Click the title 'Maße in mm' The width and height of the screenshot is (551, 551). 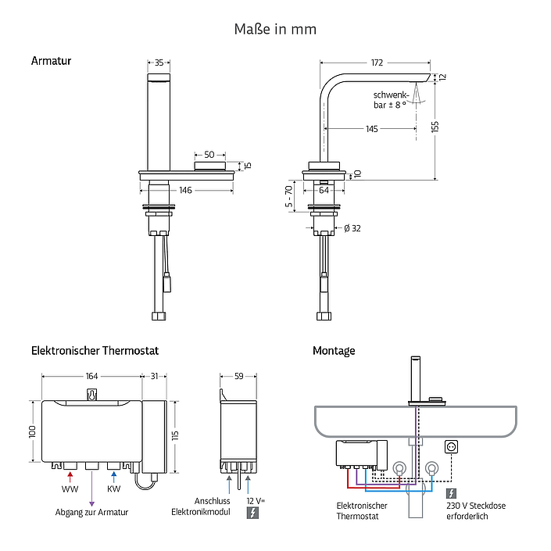[275, 29]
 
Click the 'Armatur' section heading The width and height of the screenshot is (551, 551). [51, 61]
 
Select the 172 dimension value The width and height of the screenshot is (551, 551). [377, 63]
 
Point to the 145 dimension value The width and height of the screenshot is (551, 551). [372, 129]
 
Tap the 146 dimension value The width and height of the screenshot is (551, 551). [185, 191]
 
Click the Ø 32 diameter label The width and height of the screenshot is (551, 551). [352, 228]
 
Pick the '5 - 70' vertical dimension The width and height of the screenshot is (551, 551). [288, 196]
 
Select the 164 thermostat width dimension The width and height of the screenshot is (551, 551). [91, 377]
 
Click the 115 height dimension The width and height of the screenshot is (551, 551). [175, 435]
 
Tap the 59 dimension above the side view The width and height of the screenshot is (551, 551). [239, 377]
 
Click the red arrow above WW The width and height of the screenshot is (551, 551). [70, 478]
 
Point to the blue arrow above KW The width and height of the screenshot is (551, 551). [113, 478]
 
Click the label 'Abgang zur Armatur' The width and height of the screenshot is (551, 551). [91, 513]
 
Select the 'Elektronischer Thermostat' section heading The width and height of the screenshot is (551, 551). [95, 351]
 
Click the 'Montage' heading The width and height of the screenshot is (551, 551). [334, 351]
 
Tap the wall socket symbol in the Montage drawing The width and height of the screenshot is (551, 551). [451, 447]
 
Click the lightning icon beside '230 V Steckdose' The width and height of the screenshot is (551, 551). [451, 493]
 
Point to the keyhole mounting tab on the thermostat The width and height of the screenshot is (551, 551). [91, 395]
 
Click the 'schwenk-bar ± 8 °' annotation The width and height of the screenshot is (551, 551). [391, 100]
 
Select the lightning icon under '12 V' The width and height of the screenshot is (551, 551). [252, 513]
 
